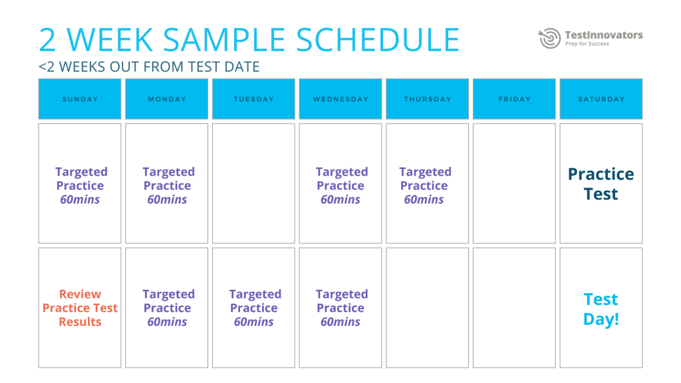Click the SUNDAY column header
pos(80,99)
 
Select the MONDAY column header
pos(167,99)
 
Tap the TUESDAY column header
pos(253,99)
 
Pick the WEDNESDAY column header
pos(340,99)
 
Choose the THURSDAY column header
pos(427,99)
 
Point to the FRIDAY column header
pos(514,99)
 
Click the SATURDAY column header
pos(601,99)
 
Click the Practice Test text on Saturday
pos(601,184)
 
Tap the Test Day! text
pos(601,309)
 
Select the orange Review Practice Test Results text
pos(80,308)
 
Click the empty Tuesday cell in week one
pos(253,184)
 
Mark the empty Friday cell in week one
pos(514,184)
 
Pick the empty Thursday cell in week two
pos(427,308)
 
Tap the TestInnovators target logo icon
pos(549,38)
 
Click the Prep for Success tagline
pos(587,45)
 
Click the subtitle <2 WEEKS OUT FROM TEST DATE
pos(149,67)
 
